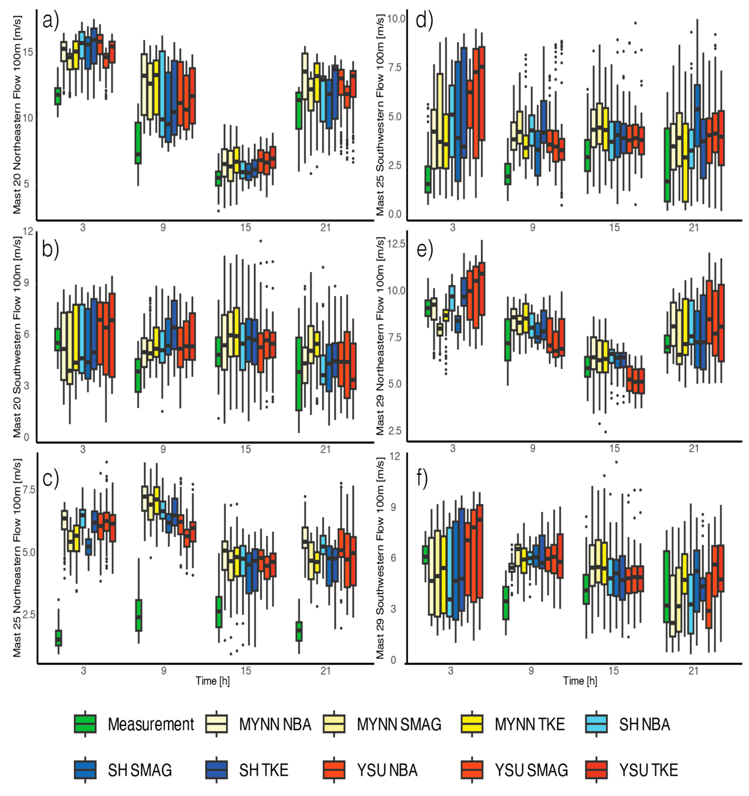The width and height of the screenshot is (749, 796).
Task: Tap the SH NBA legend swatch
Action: tap(596, 724)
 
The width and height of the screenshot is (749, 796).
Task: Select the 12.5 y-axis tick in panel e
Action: tap(396, 244)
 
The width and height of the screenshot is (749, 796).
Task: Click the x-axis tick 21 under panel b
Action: tap(326, 449)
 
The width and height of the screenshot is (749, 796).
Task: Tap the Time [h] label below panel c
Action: tap(212, 680)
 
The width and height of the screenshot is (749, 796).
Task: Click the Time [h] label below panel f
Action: tap(580, 680)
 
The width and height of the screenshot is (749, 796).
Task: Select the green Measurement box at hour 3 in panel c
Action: tap(58, 638)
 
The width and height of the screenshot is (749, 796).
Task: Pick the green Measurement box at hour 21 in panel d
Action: tap(667, 164)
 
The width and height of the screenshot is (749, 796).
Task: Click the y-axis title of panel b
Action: tap(17, 336)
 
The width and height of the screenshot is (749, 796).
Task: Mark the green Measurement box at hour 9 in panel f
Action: tap(506, 602)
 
